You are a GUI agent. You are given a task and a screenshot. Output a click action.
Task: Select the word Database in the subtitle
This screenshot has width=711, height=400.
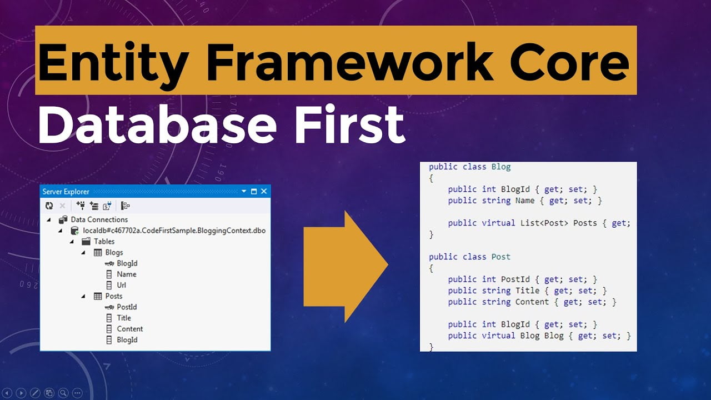click(157, 125)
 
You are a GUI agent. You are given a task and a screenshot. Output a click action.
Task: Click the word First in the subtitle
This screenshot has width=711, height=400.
click(350, 124)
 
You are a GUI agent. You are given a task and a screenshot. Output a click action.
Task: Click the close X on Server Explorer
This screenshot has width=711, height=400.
click(264, 191)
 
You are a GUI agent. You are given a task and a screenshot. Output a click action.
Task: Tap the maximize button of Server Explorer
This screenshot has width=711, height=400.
click(254, 191)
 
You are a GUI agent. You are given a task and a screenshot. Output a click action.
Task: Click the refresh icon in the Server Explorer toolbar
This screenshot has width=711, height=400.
click(49, 206)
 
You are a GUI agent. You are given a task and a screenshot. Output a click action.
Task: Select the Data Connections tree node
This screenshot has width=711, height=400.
click(99, 219)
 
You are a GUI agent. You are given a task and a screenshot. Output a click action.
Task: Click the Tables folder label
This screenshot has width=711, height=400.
click(104, 241)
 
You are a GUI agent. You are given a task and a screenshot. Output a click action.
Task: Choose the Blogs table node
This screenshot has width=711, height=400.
click(114, 252)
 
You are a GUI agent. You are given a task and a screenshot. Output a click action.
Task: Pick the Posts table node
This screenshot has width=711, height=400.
click(114, 296)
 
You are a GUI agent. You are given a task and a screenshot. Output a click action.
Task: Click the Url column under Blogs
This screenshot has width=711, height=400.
click(121, 285)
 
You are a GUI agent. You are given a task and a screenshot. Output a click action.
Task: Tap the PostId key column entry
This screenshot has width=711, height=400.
click(127, 307)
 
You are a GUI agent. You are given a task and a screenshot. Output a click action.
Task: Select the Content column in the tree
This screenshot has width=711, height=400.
click(129, 328)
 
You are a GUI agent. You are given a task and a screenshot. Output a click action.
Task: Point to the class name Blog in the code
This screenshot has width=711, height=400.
click(501, 167)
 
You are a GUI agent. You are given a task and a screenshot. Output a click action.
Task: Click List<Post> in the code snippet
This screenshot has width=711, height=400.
click(544, 223)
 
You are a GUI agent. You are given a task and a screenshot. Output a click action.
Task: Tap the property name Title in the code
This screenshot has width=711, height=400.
click(527, 291)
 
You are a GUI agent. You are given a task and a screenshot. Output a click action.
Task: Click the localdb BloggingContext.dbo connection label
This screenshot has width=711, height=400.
click(174, 231)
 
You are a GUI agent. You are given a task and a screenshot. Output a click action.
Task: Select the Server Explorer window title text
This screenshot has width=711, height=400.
click(66, 192)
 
